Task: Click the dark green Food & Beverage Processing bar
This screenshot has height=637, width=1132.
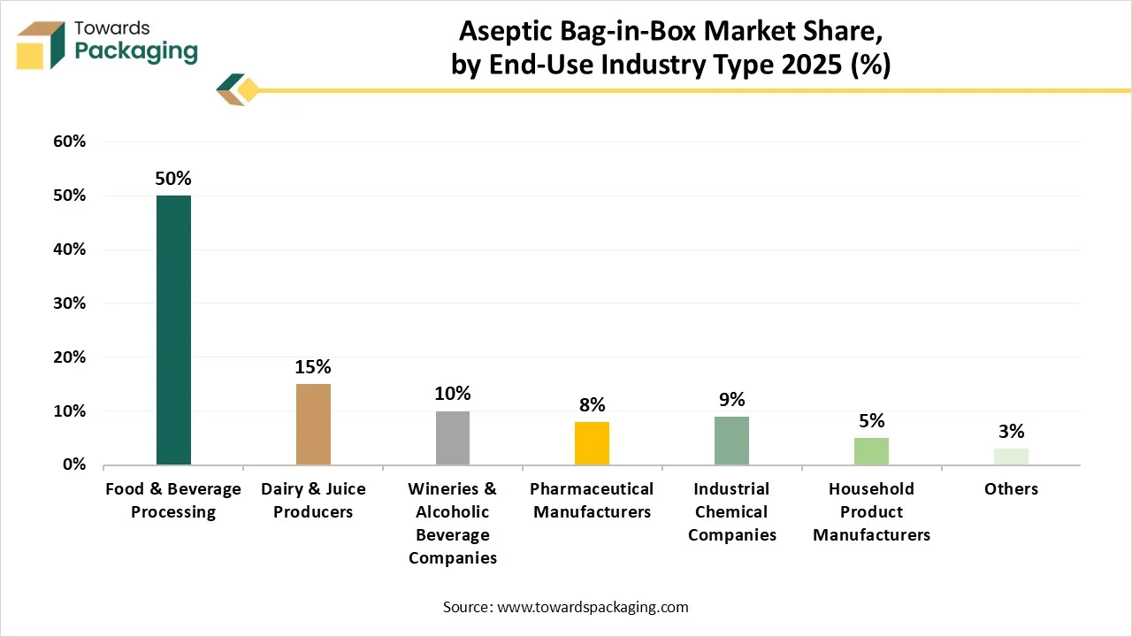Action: [173, 330]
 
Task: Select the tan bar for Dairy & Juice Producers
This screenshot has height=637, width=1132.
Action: [313, 425]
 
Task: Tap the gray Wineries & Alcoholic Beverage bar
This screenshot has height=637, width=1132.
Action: [453, 438]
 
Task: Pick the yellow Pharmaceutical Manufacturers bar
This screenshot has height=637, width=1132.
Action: [592, 443]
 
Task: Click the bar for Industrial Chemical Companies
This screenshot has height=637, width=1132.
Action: [731, 441]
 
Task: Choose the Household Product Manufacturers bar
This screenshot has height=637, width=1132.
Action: [871, 451]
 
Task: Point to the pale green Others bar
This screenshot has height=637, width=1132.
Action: [1011, 457]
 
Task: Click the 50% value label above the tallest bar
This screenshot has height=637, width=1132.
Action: [173, 179]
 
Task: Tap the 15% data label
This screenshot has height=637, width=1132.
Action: [313, 367]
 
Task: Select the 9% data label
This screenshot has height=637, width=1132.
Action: [731, 400]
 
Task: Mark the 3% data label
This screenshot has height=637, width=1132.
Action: [1011, 431]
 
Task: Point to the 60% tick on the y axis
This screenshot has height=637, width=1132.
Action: [69, 142]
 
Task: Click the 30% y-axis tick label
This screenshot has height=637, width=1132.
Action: [69, 303]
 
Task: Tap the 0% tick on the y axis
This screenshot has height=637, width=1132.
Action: [74, 464]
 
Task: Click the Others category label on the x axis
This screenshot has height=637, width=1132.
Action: [1011, 489]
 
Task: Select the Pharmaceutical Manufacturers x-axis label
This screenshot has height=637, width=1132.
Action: [592, 501]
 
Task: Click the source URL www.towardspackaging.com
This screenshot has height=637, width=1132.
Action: [593, 607]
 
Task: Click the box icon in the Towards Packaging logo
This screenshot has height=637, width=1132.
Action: [41, 45]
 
